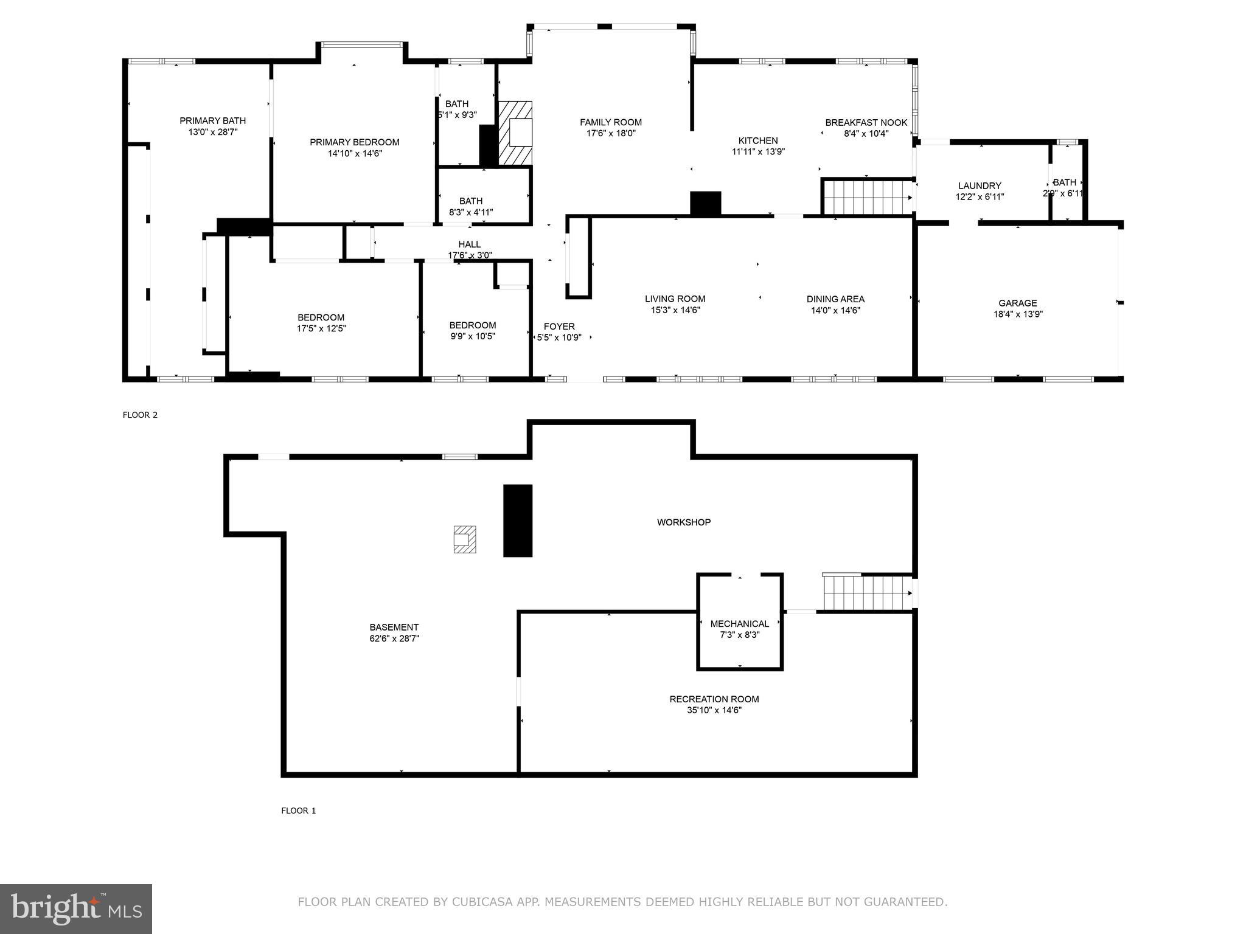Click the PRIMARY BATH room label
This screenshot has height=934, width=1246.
(212, 120)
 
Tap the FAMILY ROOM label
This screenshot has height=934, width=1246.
(610, 122)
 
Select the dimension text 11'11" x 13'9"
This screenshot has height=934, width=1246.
(758, 152)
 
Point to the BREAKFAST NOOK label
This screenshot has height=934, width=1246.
(866, 123)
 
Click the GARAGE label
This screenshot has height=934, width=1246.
(1017, 303)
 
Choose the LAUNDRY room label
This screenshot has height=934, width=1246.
(979, 185)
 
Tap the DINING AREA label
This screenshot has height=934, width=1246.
(835, 299)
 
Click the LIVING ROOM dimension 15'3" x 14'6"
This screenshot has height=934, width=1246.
(675, 310)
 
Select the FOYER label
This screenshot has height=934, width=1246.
(559, 327)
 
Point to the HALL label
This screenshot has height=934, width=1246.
(469, 244)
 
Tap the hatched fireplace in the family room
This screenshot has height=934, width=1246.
(515, 133)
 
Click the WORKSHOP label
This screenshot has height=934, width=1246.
(683, 522)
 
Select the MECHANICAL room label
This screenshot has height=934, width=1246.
(739, 623)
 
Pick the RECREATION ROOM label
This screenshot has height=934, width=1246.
(714, 699)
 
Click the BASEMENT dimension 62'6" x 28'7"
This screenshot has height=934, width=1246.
(394, 638)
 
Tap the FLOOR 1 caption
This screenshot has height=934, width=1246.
(298, 811)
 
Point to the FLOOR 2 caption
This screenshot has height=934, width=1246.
(140, 415)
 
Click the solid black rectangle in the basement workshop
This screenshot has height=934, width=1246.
(517, 521)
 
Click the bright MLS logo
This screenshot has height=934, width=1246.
(76, 908)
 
